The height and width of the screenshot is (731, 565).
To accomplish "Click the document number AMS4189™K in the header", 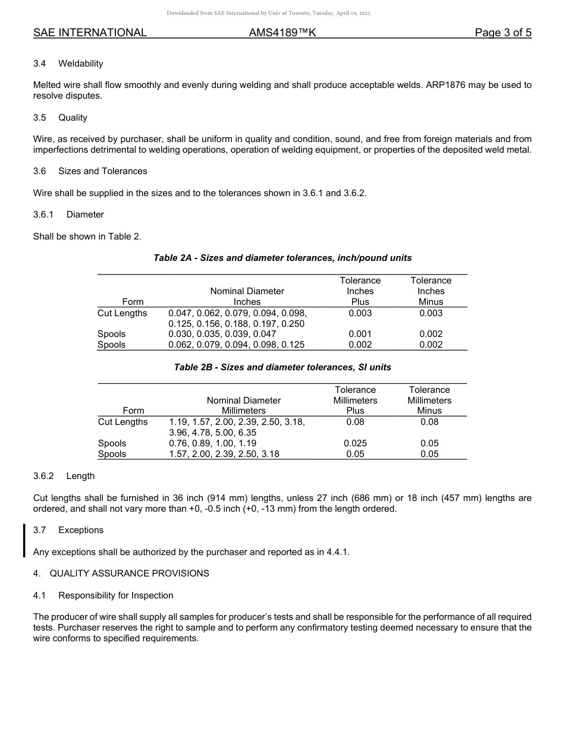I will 282,33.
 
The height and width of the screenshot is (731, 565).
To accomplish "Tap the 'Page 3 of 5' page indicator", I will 503,33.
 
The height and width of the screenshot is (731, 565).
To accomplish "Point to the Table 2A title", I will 282,258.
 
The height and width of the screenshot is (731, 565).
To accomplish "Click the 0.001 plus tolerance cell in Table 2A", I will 360,334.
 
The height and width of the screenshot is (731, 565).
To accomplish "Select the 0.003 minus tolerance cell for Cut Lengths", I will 431,313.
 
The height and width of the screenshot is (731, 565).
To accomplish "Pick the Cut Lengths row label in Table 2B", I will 123,422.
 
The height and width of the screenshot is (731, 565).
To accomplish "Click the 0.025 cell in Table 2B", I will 355,443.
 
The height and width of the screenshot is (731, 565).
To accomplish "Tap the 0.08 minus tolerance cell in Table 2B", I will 429,422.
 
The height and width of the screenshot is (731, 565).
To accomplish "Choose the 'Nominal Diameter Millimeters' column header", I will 243,405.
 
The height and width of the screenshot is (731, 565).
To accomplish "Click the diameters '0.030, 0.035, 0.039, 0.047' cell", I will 222,334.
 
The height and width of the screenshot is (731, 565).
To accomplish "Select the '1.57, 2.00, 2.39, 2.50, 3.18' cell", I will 224,454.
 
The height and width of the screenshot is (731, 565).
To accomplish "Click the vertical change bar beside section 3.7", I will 24,540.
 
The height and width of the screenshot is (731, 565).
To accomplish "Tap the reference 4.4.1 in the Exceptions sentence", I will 337,552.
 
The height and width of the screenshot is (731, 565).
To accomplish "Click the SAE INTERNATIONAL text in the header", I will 90,33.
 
